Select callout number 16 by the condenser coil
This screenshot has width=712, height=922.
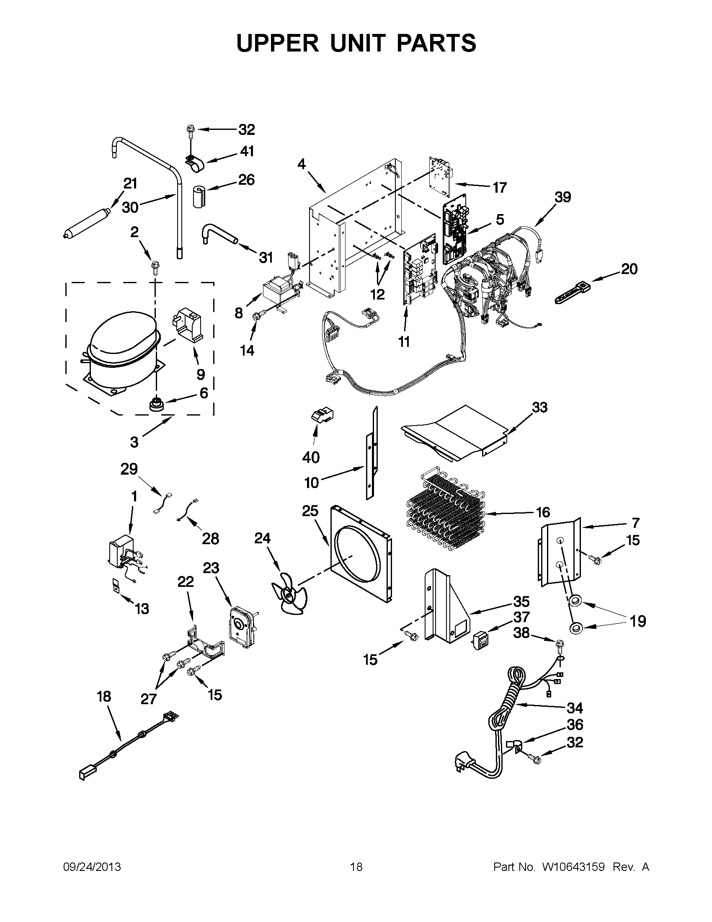click(543, 512)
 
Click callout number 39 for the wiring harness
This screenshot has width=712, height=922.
click(562, 197)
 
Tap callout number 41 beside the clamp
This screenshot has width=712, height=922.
click(247, 151)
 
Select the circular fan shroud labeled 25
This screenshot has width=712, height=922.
click(361, 553)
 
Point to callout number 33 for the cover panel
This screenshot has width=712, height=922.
click(539, 408)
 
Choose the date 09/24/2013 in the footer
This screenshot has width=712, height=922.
click(92, 867)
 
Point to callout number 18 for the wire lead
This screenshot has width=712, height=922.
click(104, 696)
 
